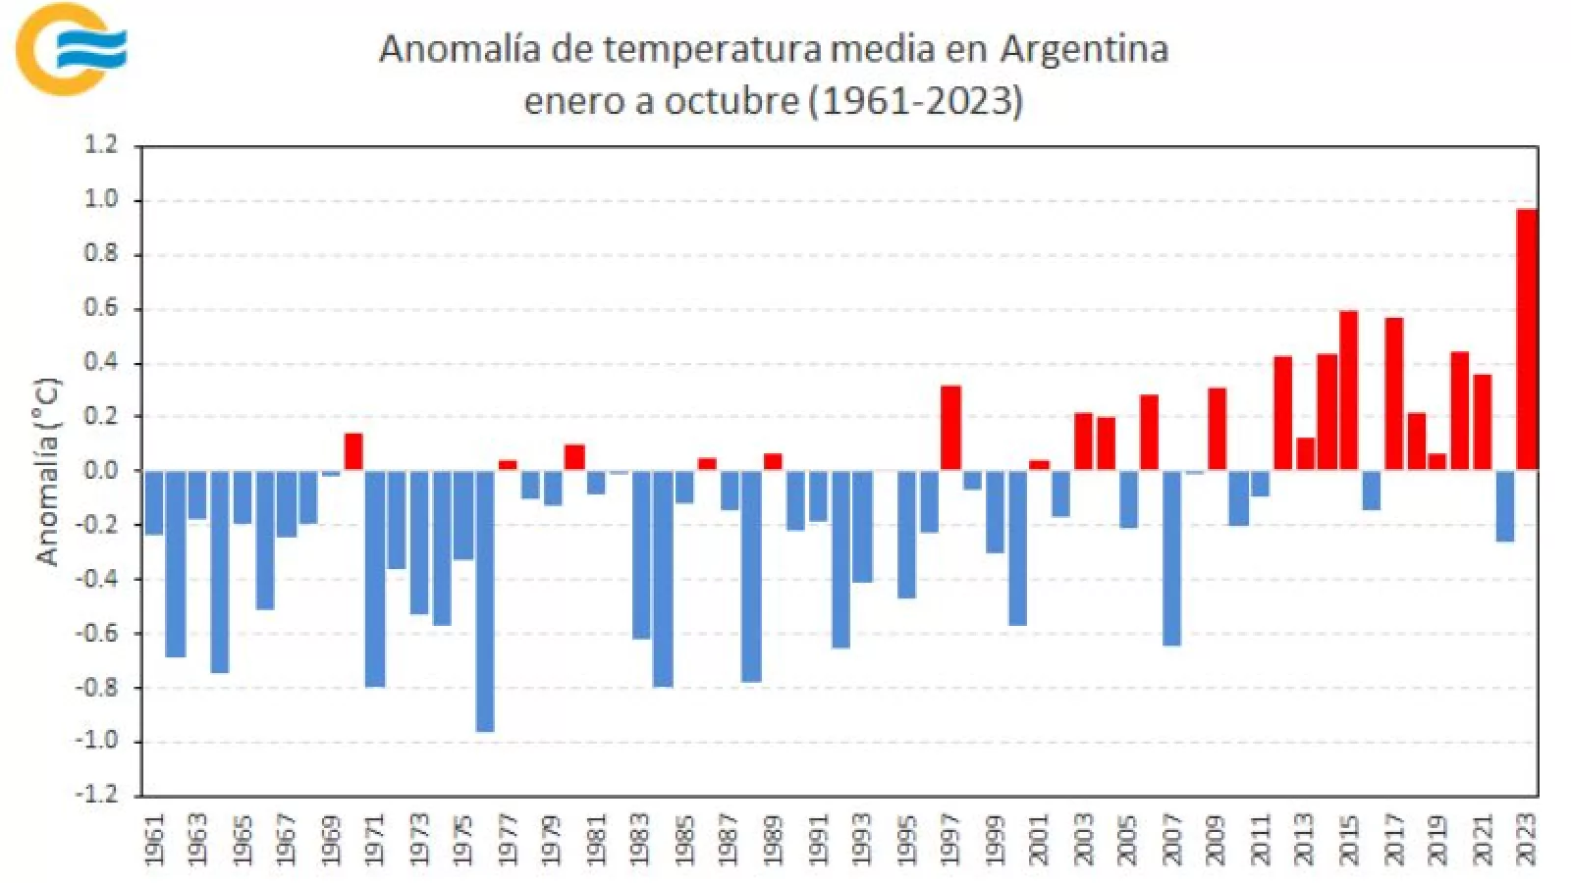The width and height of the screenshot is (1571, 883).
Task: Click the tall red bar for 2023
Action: click(x=1526, y=338)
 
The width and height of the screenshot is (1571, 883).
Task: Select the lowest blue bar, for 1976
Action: click(x=485, y=600)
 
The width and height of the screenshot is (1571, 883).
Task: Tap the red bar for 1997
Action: click(x=950, y=428)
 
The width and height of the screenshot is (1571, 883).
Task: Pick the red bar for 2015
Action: click(x=1349, y=390)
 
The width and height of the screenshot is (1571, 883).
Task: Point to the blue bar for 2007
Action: click(x=1171, y=557)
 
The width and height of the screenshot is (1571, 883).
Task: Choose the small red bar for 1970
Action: click(x=353, y=451)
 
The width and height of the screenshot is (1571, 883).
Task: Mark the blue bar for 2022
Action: click(x=1504, y=505)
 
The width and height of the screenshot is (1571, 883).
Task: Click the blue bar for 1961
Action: click(x=154, y=502)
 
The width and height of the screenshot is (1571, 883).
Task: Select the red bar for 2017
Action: click(x=1393, y=393)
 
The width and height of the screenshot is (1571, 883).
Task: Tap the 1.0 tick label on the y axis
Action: click(x=99, y=199)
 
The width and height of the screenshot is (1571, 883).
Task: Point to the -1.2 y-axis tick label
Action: click(x=95, y=794)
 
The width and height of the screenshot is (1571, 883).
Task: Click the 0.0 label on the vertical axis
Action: click(x=99, y=470)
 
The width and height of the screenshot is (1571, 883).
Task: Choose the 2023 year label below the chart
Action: click(x=1526, y=839)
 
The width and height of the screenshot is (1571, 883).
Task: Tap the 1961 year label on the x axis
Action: click(x=154, y=839)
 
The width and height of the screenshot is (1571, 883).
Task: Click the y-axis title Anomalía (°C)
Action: click(x=47, y=471)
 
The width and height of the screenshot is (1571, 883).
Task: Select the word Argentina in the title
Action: click(x=1084, y=49)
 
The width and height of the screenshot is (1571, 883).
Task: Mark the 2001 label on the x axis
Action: click(x=1039, y=839)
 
